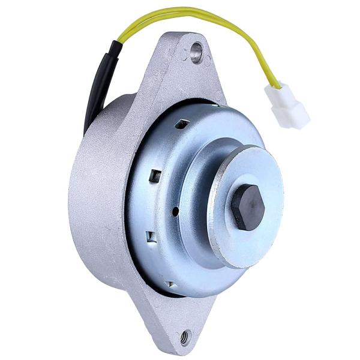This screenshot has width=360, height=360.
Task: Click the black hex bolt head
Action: (x=248, y=207)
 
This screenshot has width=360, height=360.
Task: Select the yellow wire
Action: (x=198, y=15)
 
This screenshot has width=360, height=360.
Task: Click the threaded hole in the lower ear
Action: (x=184, y=337)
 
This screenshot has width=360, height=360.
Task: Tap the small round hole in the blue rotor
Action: (x=174, y=211)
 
